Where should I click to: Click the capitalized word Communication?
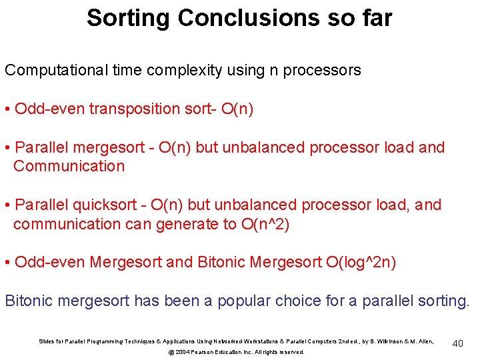coord(69,166)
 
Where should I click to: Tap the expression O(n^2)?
coord(265,224)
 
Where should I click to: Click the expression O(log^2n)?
coord(361,263)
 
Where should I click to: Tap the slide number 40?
coord(457,343)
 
